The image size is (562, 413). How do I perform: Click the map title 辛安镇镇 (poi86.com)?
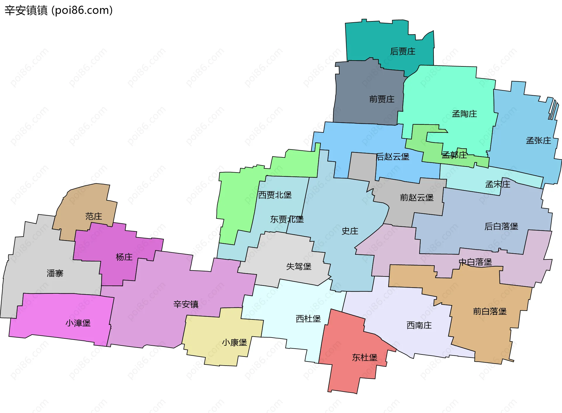[59, 10]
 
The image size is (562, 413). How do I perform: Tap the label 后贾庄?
[402, 51]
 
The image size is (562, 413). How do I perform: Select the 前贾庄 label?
[382, 99]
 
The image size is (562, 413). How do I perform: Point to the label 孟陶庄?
[464, 114]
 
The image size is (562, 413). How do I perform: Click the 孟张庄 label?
[538, 141]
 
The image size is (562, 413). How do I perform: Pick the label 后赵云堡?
[393, 157]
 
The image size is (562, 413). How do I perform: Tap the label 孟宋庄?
[498, 184]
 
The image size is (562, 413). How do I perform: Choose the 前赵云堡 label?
[417, 198]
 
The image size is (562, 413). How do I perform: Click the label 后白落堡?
[501, 226]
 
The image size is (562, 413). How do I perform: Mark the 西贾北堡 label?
[275, 195]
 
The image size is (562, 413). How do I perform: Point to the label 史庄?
[350, 231]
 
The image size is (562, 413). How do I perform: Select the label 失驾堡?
[299, 266]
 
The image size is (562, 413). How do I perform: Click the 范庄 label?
[94, 216]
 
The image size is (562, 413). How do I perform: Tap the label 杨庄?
[124, 257]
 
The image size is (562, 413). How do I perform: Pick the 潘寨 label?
[55, 273]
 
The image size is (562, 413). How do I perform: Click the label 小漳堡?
[78, 323]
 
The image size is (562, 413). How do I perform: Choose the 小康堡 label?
[234, 343]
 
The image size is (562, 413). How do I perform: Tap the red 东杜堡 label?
[364, 357]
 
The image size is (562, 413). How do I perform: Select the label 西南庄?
[419, 325]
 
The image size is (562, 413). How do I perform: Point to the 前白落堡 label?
[490, 311]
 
